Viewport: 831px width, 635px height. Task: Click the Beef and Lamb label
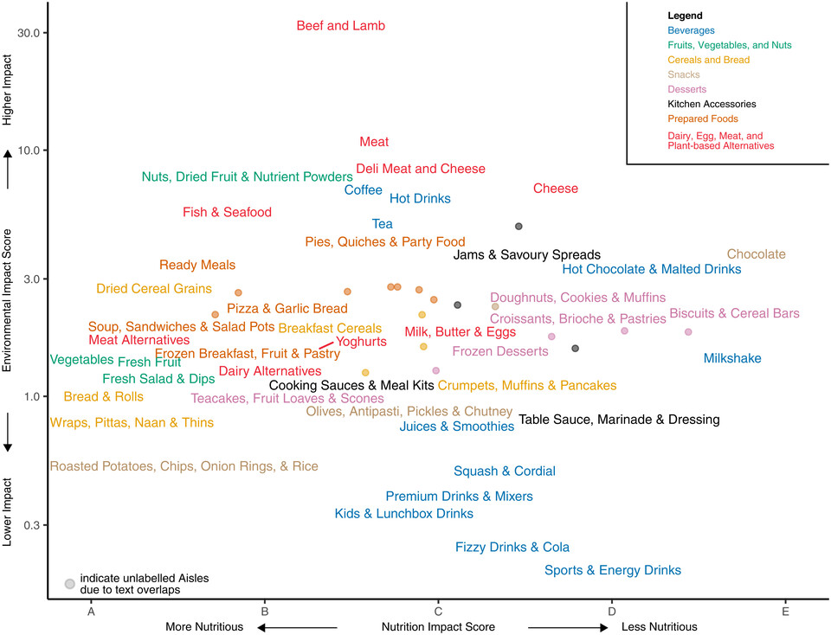pyautogui.click(x=340, y=26)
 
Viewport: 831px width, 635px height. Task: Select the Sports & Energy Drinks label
pyautogui.click(x=612, y=570)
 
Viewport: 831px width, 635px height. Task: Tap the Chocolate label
pyautogui.click(x=756, y=254)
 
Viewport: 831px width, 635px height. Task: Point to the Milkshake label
pyautogui.click(x=732, y=358)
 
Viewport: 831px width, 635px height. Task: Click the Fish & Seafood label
pyautogui.click(x=227, y=212)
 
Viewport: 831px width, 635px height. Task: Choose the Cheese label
pyautogui.click(x=555, y=189)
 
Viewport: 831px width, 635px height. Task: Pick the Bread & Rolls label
pyautogui.click(x=91, y=397)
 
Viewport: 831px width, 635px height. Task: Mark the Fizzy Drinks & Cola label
pyautogui.click(x=512, y=548)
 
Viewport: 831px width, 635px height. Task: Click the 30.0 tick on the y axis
pyautogui.click(x=30, y=33)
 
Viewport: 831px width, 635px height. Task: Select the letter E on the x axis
pyautogui.click(x=785, y=611)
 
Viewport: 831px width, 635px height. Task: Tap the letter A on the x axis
pyautogui.click(x=91, y=611)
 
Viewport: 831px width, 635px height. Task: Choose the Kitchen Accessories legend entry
pyautogui.click(x=712, y=104)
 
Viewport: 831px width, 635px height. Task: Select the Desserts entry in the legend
pyautogui.click(x=687, y=89)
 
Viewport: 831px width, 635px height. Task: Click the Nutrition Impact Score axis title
pyautogui.click(x=438, y=626)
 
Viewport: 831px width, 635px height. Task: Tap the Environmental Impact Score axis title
pyautogui.click(x=8, y=300)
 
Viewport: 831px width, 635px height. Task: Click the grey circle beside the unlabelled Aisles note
pyautogui.click(x=69, y=583)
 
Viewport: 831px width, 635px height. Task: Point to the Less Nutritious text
pyautogui.click(x=659, y=626)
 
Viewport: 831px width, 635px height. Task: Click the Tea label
pyautogui.click(x=382, y=224)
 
